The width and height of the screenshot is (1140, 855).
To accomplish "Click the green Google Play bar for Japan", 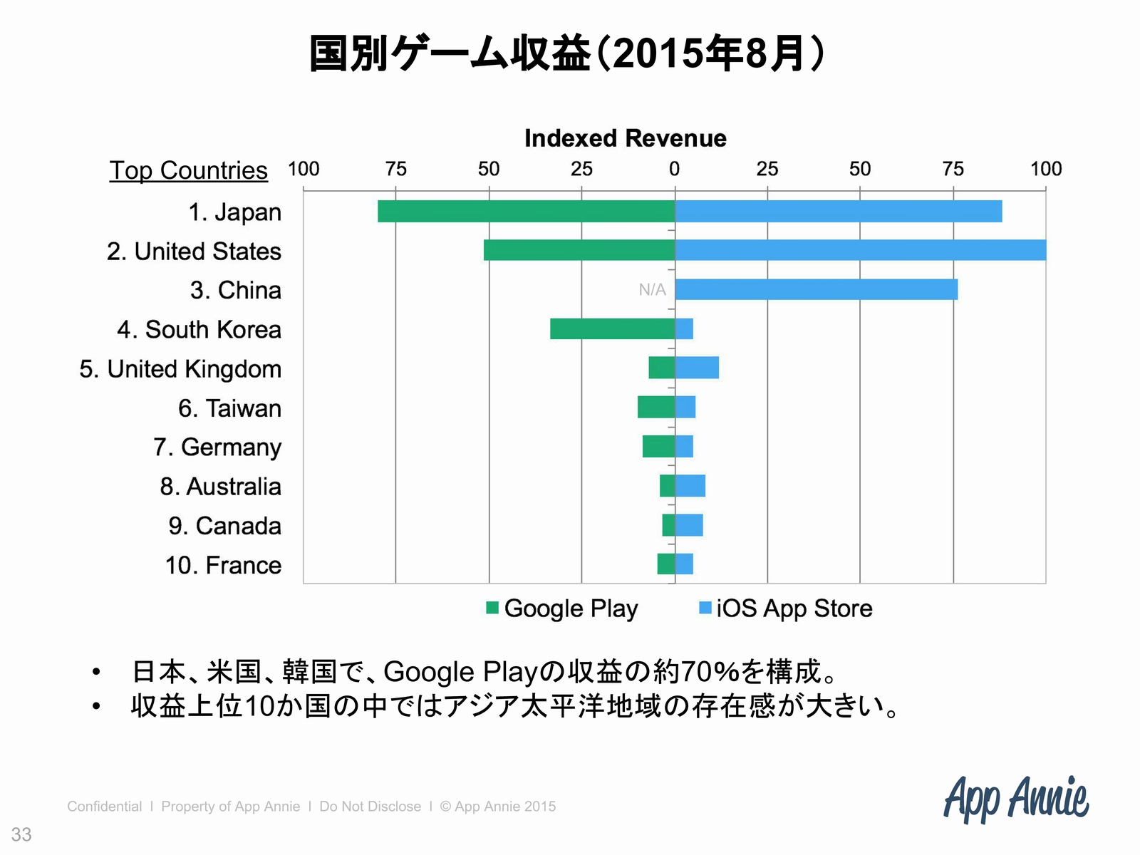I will [526, 212].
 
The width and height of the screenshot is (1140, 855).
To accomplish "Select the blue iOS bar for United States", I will [860, 251].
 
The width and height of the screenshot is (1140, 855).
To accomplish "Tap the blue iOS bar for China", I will [816, 290].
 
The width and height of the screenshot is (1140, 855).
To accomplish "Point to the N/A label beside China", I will [652, 290].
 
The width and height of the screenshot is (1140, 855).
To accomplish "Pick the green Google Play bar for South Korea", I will [612, 329].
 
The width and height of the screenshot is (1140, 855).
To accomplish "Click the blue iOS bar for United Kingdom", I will [697, 368].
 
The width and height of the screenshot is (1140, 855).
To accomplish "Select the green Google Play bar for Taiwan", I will [656, 408].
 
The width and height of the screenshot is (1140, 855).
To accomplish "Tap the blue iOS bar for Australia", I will [690, 486].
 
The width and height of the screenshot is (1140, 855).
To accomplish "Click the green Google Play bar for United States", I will [579, 251].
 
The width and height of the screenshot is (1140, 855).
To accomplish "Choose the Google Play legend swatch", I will [492, 608].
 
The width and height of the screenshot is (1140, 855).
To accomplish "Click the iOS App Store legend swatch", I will [705, 608].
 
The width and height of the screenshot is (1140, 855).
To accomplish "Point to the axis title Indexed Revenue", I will [625, 138].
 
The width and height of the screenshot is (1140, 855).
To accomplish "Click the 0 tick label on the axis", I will [674, 169].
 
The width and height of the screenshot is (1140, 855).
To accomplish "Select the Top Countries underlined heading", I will [189, 171].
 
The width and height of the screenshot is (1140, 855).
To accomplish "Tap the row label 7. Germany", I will [217, 447].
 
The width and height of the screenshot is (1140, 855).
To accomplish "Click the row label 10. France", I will [223, 565].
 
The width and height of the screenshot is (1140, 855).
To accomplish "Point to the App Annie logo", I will [1016, 798].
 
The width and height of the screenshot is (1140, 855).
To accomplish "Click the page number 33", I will [21, 834].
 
